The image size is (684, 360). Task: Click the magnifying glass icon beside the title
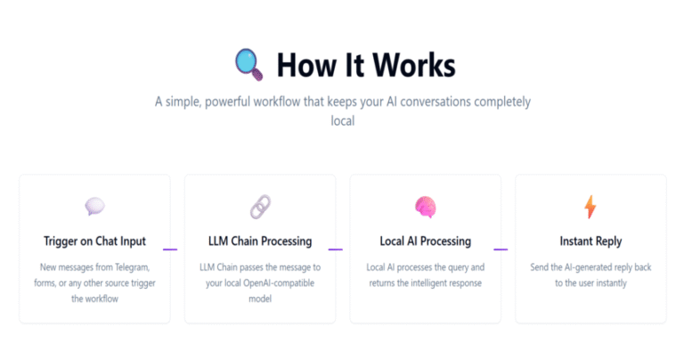[249, 64]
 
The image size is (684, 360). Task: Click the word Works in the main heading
[414, 65]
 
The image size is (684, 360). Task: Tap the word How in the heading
[306, 65]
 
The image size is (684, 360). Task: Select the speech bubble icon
[94, 206]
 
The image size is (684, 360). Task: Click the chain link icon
[260, 207]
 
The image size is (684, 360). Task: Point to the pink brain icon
[426, 207]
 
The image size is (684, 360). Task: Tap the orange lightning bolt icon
[590, 207]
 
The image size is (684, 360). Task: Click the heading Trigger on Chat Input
[94, 241]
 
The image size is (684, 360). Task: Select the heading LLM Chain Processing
[260, 241]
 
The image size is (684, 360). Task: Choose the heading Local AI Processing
[426, 241]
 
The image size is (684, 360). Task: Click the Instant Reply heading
[590, 241]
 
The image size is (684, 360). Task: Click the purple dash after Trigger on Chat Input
[170, 250]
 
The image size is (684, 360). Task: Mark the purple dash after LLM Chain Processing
[336, 250]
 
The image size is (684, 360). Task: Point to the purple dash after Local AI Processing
[501, 250]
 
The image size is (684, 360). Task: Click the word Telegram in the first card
[132, 267]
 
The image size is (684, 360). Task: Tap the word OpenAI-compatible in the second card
[279, 283]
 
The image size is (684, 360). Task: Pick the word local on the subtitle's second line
[343, 120]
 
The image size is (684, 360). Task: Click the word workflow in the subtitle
[277, 102]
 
